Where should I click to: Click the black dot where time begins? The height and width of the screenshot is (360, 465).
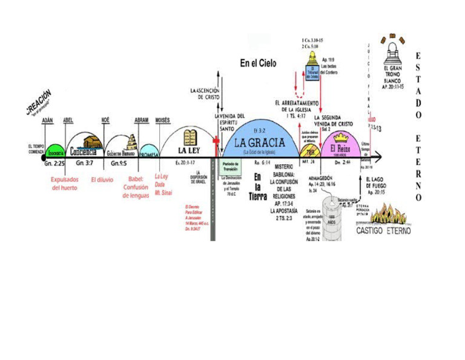coord(44,158)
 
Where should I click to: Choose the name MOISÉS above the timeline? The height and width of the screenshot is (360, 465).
coord(162,121)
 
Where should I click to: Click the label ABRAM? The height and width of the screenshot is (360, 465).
coord(141,121)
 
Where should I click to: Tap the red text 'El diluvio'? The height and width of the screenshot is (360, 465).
coord(102,180)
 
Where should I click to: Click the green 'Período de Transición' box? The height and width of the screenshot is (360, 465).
coord(230,166)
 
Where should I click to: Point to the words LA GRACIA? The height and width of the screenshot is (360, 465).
coord(260,144)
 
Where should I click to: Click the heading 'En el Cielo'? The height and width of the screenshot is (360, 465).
coord(258,62)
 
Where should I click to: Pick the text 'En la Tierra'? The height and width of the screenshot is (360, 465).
coord(257,185)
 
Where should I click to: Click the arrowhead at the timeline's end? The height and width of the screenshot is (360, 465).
coord(379,158)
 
